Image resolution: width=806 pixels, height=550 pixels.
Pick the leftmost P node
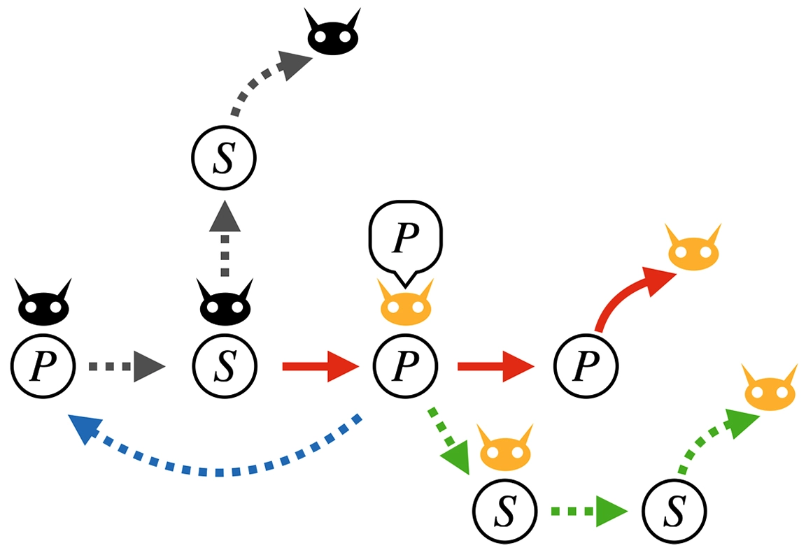tap(42, 365)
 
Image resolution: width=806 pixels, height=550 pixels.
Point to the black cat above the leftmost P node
tap(43, 305)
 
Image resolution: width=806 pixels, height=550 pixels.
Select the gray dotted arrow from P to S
tap(126, 365)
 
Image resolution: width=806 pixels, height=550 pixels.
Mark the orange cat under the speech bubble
tap(406, 305)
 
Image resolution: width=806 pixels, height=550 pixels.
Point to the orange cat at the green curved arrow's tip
tap(770, 390)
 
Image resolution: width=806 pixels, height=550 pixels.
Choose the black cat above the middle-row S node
tap(224, 305)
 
